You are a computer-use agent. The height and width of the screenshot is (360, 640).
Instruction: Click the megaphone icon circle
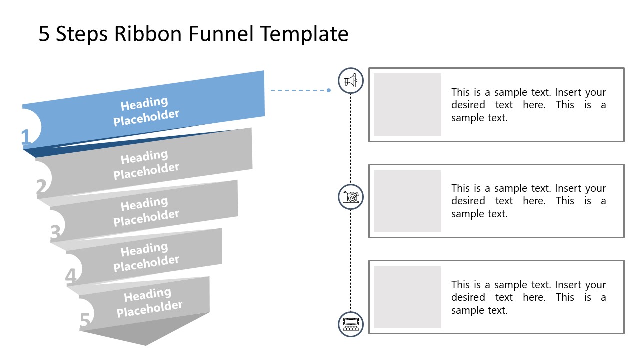click(x=351, y=80)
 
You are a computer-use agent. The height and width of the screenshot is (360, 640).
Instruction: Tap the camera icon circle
click(x=351, y=197)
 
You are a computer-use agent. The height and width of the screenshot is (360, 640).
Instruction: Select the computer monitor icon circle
click(x=351, y=324)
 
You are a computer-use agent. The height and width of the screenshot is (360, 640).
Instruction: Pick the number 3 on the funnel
click(x=55, y=233)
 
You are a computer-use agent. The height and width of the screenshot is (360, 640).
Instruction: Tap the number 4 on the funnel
click(x=71, y=276)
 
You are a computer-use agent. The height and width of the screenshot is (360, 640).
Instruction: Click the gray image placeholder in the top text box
click(x=407, y=104)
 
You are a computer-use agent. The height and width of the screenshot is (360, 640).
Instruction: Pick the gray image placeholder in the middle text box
click(x=407, y=201)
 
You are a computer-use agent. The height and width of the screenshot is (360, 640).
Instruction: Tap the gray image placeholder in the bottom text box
click(x=407, y=297)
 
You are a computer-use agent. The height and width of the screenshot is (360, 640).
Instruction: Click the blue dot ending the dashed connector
click(x=329, y=90)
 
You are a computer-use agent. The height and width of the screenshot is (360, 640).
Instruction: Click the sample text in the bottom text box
click(x=528, y=297)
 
